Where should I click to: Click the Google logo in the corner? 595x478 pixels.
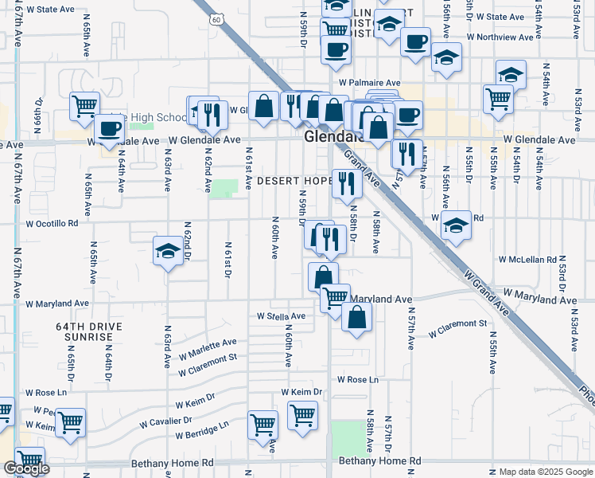pyautogui.click(x=27, y=468)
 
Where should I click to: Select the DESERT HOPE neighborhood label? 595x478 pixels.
pyautogui.click(x=294, y=181)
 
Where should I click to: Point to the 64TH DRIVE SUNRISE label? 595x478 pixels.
pyautogui.click(x=84, y=331)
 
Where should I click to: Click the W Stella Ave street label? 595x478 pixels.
pyautogui.click(x=281, y=316)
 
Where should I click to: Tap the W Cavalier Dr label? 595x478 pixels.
pyautogui.click(x=166, y=420)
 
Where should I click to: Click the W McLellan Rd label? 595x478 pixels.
pyautogui.click(x=527, y=260)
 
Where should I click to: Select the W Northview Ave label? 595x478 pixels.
pyautogui.click(x=500, y=37)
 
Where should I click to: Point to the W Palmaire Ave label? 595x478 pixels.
pyautogui.click(x=368, y=82)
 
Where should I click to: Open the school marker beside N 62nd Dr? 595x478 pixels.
pyautogui.click(x=168, y=253)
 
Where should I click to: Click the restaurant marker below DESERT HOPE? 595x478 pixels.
pyautogui.click(x=347, y=184)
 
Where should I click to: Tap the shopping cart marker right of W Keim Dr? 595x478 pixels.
pyautogui.click(x=302, y=415)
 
